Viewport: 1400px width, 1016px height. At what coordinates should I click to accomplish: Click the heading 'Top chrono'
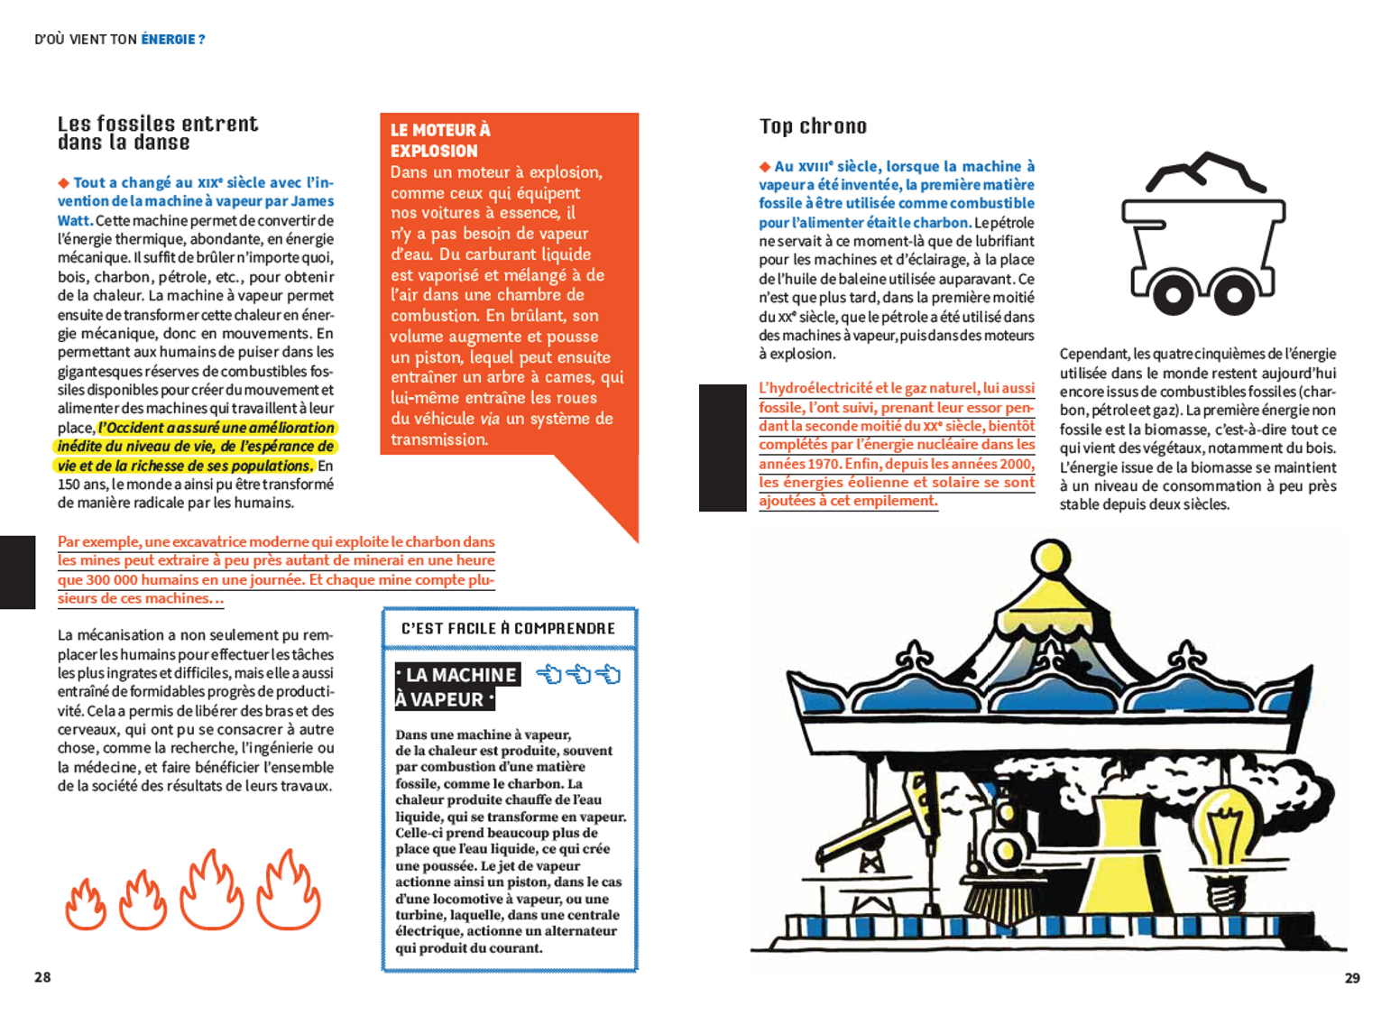tap(813, 126)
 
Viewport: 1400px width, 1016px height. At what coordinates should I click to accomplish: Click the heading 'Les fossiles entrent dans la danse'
tap(158, 133)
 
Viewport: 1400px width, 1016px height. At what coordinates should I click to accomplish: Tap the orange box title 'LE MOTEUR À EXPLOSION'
tap(440, 141)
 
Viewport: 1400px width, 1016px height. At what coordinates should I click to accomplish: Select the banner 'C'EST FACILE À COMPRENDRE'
tap(509, 629)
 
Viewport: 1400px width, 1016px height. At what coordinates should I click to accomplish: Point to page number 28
tap(42, 977)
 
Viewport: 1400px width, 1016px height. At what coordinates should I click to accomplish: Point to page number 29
tap(1351, 978)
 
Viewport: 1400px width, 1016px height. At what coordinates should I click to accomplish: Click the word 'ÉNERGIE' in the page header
tap(168, 40)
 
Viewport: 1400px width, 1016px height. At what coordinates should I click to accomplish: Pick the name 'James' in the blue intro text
tap(312, 201)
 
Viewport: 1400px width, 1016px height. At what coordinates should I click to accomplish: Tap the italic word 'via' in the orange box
tap(489, 419)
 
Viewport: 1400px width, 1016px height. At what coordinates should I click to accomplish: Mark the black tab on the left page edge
tap(17, 572)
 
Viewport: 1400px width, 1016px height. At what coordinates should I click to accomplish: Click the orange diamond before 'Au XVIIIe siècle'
tap(765, 167)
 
